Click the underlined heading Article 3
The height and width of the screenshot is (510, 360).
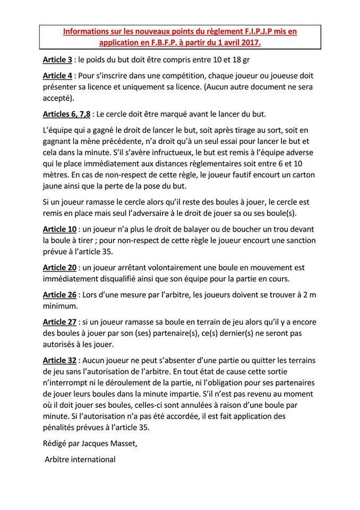click(x=57, y=60)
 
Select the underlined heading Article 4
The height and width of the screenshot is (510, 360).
click(x=57, y=75)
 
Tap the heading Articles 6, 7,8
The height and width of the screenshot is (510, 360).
click(x=66, y=114)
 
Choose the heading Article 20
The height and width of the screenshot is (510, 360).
click(x=60, y=268)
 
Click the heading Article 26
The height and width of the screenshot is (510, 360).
click(x=60, y=294)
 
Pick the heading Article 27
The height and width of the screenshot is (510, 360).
click(x=60, y=321)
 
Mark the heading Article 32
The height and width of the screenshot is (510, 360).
click(x=60, y=360)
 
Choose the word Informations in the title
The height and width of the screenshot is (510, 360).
click(x=88, y=31)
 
